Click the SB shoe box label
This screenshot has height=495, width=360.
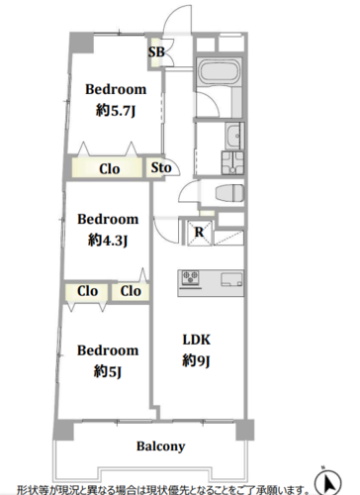156,51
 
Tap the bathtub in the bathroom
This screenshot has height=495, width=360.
218,72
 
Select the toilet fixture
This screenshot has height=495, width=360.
229,192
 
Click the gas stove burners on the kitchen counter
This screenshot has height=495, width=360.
191,277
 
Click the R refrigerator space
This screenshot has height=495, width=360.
200,233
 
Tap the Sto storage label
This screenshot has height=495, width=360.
161,167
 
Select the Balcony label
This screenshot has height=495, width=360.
161,446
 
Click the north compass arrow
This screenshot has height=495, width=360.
328,483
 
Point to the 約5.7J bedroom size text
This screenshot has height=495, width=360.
116,111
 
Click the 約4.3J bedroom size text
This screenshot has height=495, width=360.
108,241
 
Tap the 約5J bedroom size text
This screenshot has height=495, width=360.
108,371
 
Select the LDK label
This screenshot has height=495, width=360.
197,340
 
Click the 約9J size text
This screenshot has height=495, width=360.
196,361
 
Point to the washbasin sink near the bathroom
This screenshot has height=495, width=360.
234,136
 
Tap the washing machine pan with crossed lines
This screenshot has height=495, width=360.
232,162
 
